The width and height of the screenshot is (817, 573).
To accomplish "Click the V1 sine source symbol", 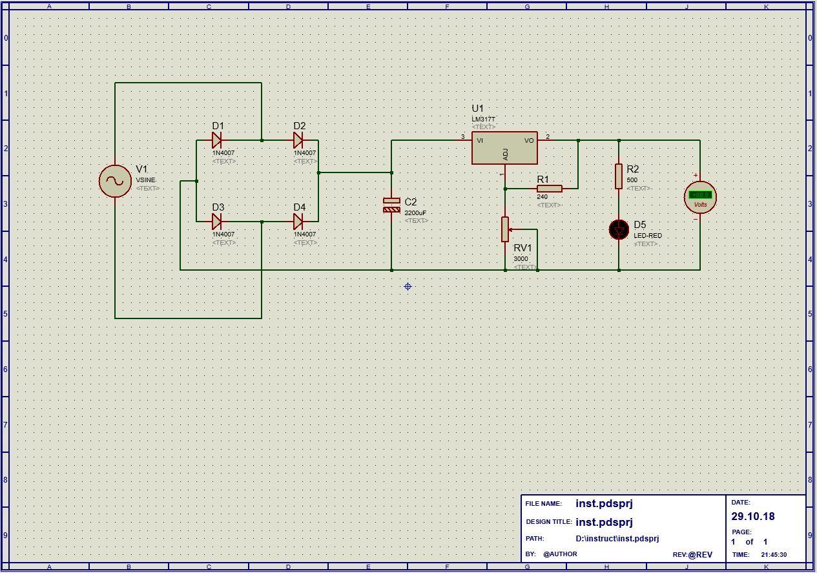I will tap(115, 181).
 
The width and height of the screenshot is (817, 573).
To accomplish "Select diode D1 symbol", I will tap(217, 140).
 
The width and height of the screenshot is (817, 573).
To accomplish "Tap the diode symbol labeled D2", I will tap(298, 140).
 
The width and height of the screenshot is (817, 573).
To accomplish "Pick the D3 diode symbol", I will tap(217, 222).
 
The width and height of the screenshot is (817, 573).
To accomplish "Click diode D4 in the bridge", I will tap(298, 222).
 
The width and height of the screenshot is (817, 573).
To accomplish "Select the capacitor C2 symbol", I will tap(391, 205).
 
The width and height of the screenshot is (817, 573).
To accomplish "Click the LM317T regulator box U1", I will tap(504, 148).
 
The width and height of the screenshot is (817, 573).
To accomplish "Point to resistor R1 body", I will tap(549, 189).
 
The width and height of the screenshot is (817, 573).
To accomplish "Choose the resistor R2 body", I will tap(619, 176).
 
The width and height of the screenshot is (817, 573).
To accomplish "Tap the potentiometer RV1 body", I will tap(505, 229).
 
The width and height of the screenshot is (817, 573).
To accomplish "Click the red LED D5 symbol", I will tap(619, 229).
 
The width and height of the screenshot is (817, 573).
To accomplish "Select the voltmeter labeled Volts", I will tap(700, 197).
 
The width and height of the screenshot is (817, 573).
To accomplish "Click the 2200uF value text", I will tap(415, 213).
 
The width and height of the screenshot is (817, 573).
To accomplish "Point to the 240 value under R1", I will tap(542, 197).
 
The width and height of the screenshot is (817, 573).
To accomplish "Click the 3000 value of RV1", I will tap(521, 259).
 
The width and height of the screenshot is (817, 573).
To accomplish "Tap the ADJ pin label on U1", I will tap(506, 154).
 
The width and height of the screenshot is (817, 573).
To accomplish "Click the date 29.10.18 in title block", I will tap(752, 517).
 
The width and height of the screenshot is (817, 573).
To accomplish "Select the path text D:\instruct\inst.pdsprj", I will tap(617, 539).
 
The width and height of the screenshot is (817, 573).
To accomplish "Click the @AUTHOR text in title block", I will tap(560, 554).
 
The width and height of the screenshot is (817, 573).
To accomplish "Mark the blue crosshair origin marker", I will tap(408, 286).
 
